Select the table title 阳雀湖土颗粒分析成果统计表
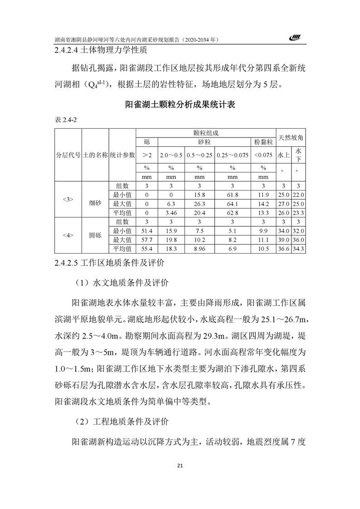point(180,105)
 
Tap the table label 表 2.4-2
point(65,120)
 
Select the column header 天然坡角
point(291,137)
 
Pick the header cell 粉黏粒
point(264,142)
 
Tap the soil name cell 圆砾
point(95,236)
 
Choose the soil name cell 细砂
point(95,203)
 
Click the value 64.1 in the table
point(232,203)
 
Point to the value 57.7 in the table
point(147,240)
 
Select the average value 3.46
point(171,212)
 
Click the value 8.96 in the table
point(200,249)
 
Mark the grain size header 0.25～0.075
point(232,155)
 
